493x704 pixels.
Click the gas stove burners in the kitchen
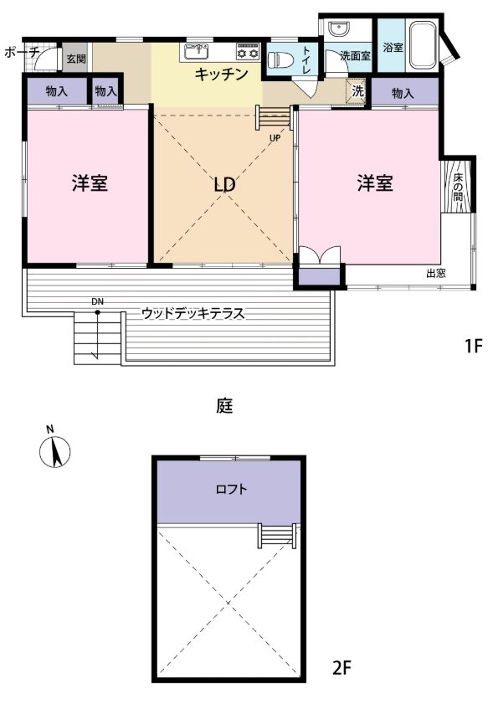[248, 52]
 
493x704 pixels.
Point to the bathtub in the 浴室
[423, 45]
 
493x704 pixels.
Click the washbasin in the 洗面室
[337, 29]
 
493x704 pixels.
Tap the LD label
[224, 184]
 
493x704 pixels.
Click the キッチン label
[221, 74]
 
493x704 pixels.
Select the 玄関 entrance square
[77, 58]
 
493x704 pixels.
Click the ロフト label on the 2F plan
[231, 489]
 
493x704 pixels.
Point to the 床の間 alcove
[458, 186]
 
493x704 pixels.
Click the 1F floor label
[473, 346]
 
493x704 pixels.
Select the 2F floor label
[342, 669]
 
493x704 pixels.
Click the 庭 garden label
[224, 406]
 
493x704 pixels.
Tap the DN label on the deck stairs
[97, 302]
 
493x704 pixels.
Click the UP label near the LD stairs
[275, 138]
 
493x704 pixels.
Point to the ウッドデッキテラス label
[193, 313]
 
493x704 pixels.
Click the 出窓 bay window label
[435, 273]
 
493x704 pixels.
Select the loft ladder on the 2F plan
[277, 536]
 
